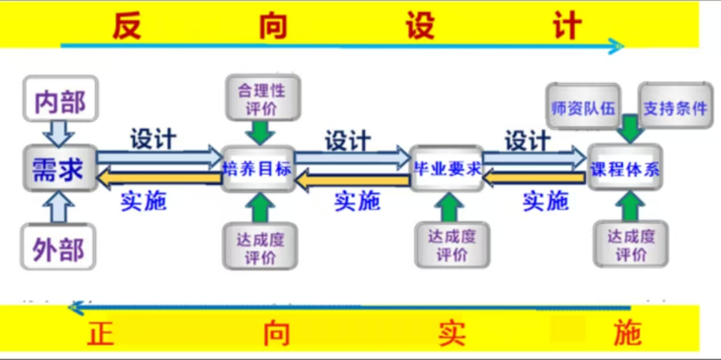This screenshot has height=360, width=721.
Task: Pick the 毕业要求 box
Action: pos(448,168)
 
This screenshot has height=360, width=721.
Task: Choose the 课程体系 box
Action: pos(625,168)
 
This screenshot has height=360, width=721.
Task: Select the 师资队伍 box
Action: pos(583,106)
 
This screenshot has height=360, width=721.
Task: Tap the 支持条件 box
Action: pos(675,106)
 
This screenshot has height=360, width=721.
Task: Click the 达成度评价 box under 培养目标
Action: pos(261,247)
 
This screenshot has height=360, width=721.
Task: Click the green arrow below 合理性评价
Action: pos(262,132)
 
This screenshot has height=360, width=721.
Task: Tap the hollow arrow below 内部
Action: pos(59,131)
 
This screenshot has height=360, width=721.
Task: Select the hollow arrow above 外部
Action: pos(58,206)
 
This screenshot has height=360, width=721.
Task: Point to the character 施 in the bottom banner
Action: pos(627,333)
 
